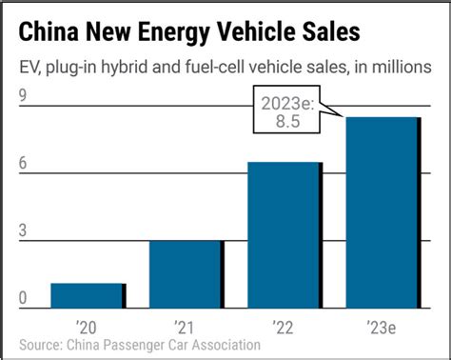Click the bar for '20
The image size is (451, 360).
[87, 296]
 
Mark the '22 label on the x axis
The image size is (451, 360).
[283, 326]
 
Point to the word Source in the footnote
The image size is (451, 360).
[41, 344]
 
